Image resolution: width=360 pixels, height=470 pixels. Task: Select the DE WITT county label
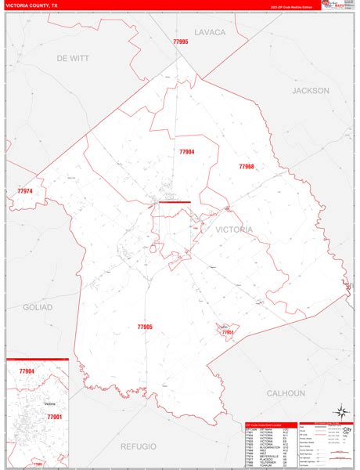(73, 58)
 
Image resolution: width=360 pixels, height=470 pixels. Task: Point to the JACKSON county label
(311, 91)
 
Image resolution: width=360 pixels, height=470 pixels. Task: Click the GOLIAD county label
(38, 307)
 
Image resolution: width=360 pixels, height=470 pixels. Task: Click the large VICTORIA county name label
(231, 230)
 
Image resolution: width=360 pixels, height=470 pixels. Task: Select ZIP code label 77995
(181, 42)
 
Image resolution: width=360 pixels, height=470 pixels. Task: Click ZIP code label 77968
(247, 167)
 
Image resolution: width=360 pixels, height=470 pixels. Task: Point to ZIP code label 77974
(26, 191)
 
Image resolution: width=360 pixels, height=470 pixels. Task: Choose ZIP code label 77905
(145, 327)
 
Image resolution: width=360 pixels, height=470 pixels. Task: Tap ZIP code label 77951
(228, 333)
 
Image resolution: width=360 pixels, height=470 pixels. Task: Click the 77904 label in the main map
(186, 152)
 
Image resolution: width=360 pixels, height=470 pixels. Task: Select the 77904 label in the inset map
(27, 371)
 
